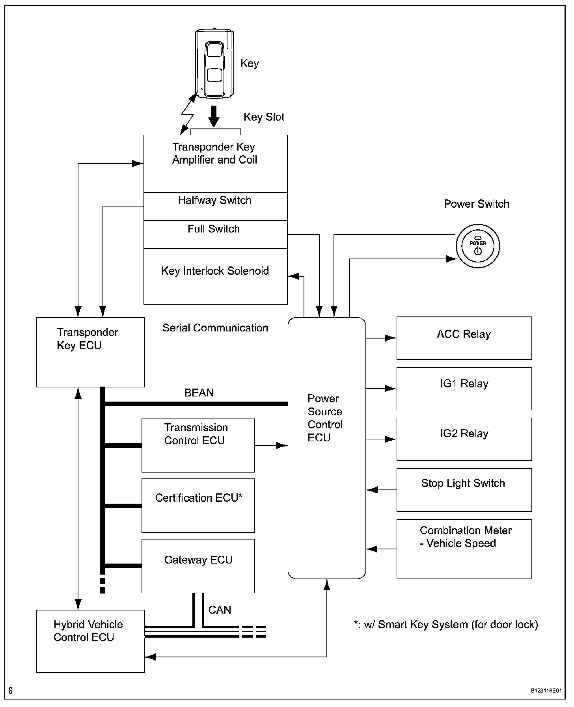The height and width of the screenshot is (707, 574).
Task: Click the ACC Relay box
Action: click(x=464, y=338)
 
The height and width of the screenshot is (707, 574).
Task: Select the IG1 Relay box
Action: click(x=464, y=389)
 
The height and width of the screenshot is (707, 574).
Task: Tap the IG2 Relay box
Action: click(x=464, y=439)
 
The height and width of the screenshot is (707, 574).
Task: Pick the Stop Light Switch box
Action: click(x=464, y=490)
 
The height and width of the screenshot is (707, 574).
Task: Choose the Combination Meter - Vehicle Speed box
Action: click(x=464, y=549)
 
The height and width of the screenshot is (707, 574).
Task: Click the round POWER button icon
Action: click(x=478, y=246)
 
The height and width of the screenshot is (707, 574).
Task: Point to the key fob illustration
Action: click(x=214, y=63)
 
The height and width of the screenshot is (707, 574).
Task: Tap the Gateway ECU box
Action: click(x=198, y=566)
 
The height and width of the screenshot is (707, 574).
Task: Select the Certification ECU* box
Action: click(x=198, y=505)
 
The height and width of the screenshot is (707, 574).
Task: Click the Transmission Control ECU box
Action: click(x=198, y=445)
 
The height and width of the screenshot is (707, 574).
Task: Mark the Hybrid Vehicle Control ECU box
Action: click(x=90, y=641)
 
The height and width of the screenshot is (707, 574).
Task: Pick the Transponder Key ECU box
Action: click(x=90, y=352)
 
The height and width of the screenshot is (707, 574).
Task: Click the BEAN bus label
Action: click(x=199, y=393)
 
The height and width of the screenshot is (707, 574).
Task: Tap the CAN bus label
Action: click(x=220, y=610)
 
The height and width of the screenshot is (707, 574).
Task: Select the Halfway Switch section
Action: click(x=215, y=206)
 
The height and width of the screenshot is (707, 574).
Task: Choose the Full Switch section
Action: click(x=215, y=234)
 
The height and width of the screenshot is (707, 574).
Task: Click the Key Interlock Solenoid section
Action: click(x=215, y=276)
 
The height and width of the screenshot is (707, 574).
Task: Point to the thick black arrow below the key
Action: click(x=214, y=116)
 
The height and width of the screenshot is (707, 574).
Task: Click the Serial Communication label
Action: click(x=215, y=328)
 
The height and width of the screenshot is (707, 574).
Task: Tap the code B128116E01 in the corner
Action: click(x=546, y=691)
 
